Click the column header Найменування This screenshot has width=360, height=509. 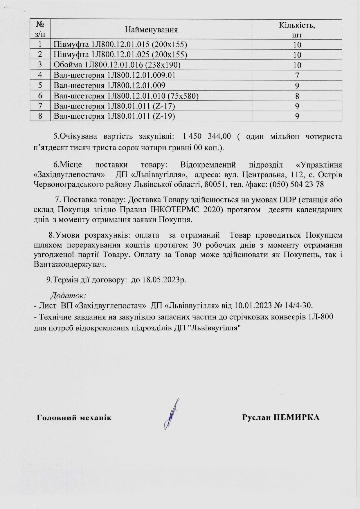click(151, 29)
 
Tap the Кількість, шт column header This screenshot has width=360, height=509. click(297, 29)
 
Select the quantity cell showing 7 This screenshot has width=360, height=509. click(297, 75)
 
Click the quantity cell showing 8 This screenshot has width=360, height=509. click(297, 96)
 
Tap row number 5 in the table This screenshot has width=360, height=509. click(40, 86)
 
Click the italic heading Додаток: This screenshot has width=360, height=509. click(68, 296)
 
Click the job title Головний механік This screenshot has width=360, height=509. click(74, 418)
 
